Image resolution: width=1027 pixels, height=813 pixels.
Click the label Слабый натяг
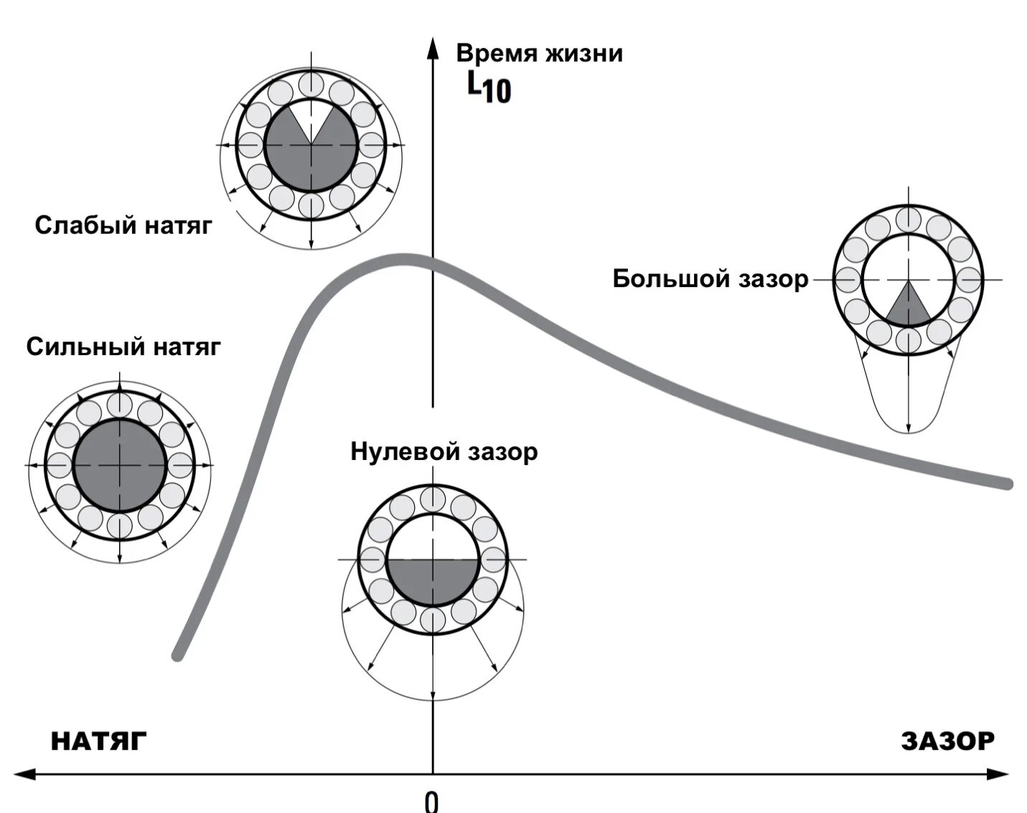(x=123, y=225)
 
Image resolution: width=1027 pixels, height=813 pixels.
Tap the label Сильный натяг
(x=123, y=347)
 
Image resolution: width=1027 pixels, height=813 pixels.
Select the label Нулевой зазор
(x=444, y=452)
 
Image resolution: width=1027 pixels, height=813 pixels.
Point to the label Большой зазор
(x=710, y=278)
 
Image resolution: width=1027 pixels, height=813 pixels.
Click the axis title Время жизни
(x=539, y=54)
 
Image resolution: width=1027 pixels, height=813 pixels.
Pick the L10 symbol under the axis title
(x=488, y=88)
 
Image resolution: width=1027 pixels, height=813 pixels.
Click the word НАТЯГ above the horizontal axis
(x=99, y=741)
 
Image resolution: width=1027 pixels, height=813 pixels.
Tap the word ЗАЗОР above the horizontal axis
(x=947, y=741)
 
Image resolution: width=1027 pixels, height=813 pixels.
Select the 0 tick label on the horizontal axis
(x=431, y=801)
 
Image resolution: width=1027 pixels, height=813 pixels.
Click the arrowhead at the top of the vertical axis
(x=433, y=47)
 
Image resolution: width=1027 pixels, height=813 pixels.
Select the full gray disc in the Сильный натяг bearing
(x=119, y=465)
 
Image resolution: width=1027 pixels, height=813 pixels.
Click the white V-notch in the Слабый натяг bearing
(x=311, y=122)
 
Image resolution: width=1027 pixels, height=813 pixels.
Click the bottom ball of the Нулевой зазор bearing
(x=433, y=619)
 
